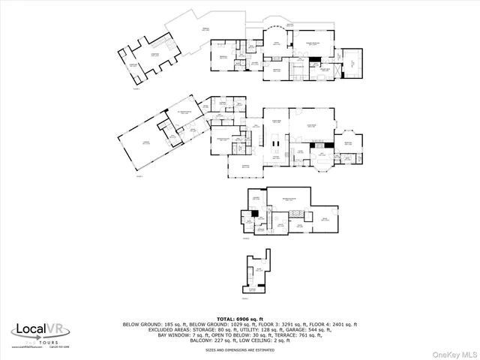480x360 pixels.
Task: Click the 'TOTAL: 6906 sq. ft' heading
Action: point(239,318)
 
